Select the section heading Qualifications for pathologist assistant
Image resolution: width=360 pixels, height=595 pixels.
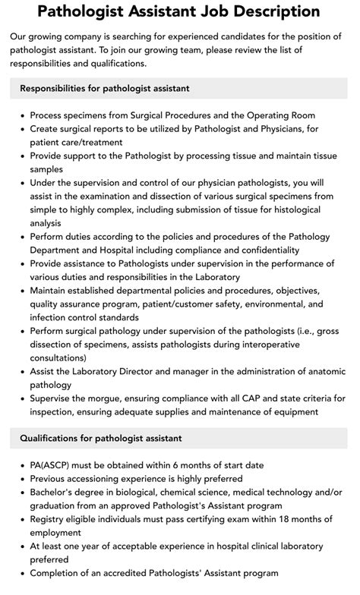[100, 438]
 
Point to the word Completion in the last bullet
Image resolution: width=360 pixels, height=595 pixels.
[58, 573]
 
